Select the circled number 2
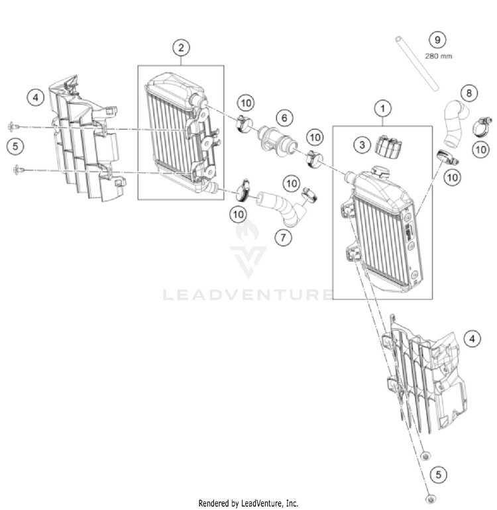pos(180,47)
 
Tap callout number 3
pos(361,144)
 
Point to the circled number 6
pos(284,119)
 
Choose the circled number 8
pos(469,93)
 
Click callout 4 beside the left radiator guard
pos(36,97)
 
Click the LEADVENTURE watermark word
pos(248,293)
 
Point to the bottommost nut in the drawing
pos(431,497)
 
